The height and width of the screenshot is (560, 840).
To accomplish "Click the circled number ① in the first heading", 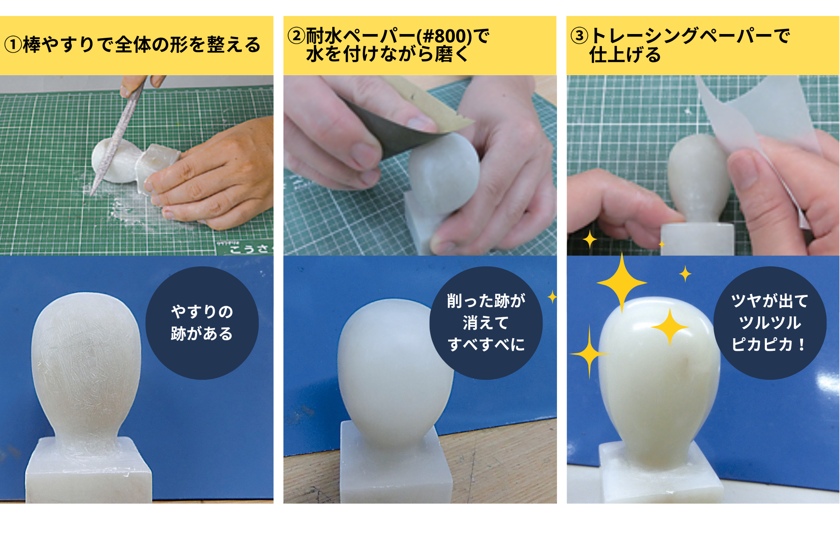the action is pyautogui.click(x=13, y=45).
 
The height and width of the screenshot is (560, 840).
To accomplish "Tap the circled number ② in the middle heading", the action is pyautogui.click(x=296, y=36).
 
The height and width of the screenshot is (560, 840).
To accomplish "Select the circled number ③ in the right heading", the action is pyautogui.click(x=579, y=36).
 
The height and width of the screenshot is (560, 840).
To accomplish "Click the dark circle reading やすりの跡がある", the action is pyautogui.click(x=202, y=323).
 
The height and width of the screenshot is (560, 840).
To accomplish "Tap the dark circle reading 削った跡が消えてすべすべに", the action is pyautogui.click(x=486, y=323).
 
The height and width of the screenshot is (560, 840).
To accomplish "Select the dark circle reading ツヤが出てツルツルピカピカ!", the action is pyautogui.click(x=770, y=323).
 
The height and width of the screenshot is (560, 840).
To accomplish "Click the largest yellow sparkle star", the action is pyautogui.click(x=622, y=283).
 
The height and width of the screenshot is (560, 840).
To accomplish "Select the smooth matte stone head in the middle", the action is pyautogui.click(x=395, y=374).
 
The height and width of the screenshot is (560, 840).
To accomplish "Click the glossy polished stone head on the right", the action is pyautogui.click(x=659, y=382).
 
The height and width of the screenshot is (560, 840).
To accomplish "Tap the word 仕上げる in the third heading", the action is pyautogui.click(x=625, y=55).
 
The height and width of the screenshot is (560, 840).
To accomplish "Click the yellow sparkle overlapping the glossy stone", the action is pyautogui.click(x=670, y=327).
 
